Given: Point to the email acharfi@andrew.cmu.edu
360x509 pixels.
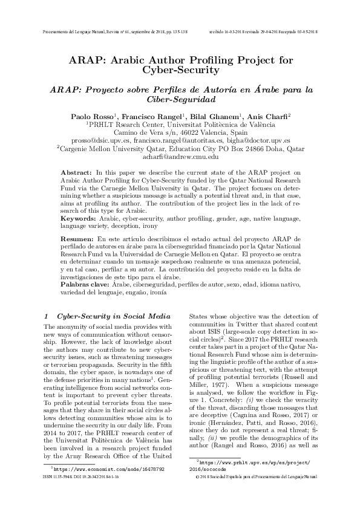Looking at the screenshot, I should click(180, 157).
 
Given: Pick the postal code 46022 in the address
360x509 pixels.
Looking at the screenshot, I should click(186, 131).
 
